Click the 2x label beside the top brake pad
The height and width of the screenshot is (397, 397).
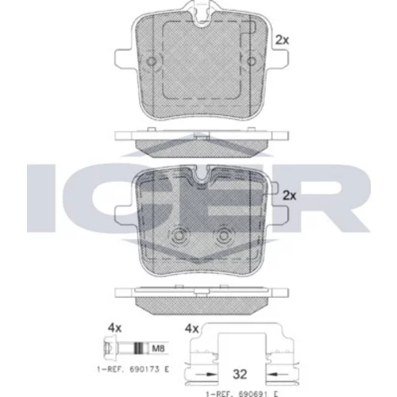pyautogui.click(x=282, y=40)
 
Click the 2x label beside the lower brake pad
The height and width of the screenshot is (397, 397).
pyautogui.click(x=290, y=195)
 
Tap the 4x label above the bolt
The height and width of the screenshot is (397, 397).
pyautogui.click(x=114, y=328)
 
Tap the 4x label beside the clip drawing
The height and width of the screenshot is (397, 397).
pyautogui.click(x=191, y=329)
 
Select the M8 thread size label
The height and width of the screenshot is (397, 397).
pyautogui.click(x=158, y=349)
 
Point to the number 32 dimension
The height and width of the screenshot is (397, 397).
pyautogui.click(x=240, y=374)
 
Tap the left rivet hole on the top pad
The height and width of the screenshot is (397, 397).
pyautogui.click(x=152, y=61)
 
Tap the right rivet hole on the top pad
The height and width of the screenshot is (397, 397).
pyautogui.click(x=252, y=61)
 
